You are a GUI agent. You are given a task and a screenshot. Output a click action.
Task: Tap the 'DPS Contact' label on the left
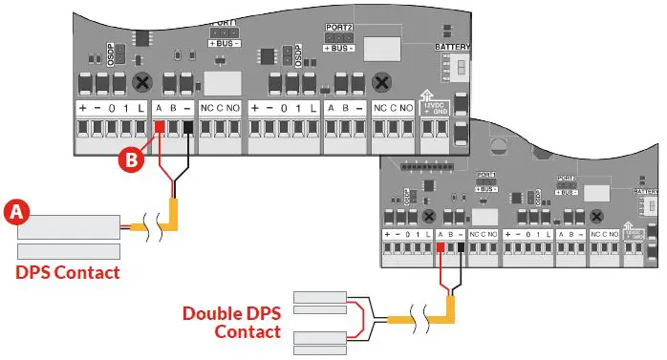(68, 273)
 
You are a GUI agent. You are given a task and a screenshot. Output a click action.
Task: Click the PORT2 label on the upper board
(338, 30)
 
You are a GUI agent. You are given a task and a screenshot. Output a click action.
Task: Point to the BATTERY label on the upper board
(452, 46)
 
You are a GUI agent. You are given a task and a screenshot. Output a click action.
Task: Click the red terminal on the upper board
(159, 128)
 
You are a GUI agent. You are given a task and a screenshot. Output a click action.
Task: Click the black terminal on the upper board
(187, 128)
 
